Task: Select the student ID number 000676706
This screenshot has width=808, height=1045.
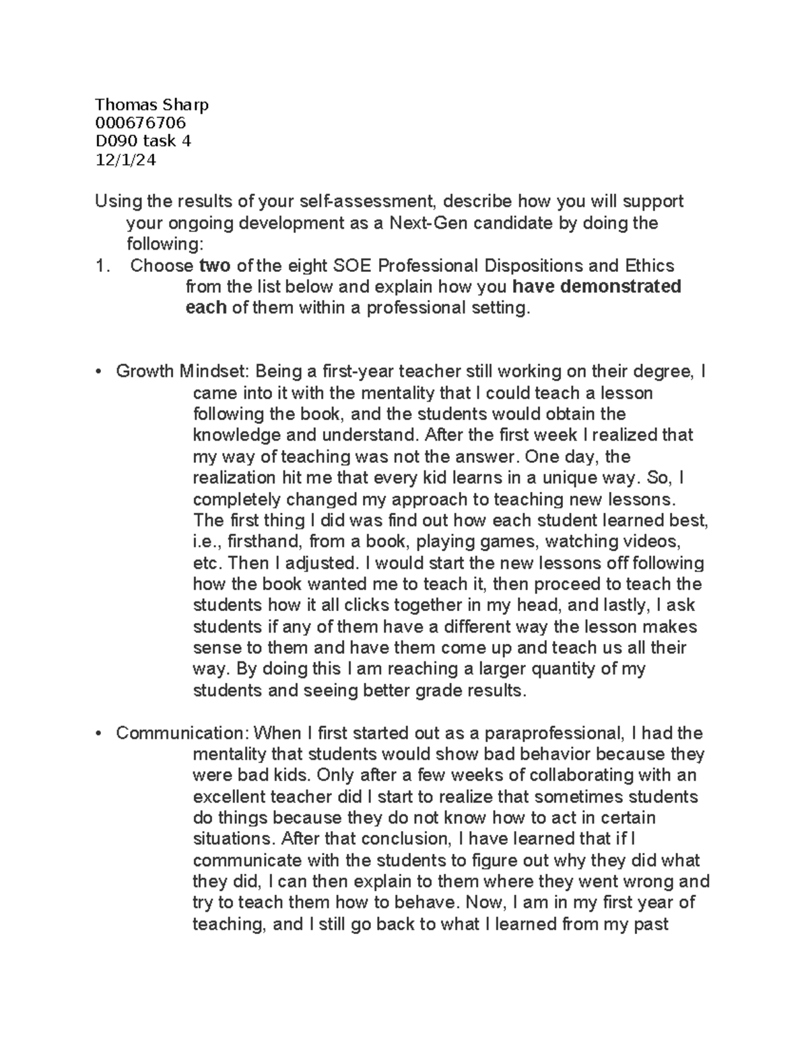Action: click(x=141, y=122)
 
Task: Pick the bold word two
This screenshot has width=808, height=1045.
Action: click(x=214, y=266)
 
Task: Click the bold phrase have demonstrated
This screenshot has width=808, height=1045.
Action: click(x=597, y=287)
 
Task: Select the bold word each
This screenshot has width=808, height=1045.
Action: click(x=205, y=308)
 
